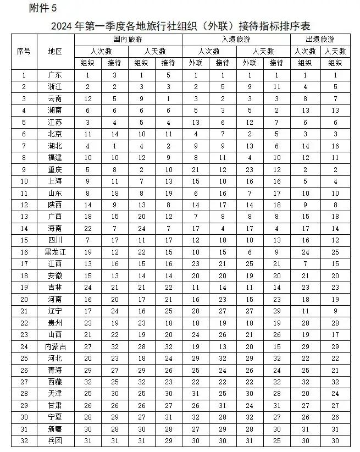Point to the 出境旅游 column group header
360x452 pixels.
320,40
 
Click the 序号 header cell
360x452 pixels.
24,51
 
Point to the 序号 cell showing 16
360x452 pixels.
24,252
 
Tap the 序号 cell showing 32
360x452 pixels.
24,441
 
